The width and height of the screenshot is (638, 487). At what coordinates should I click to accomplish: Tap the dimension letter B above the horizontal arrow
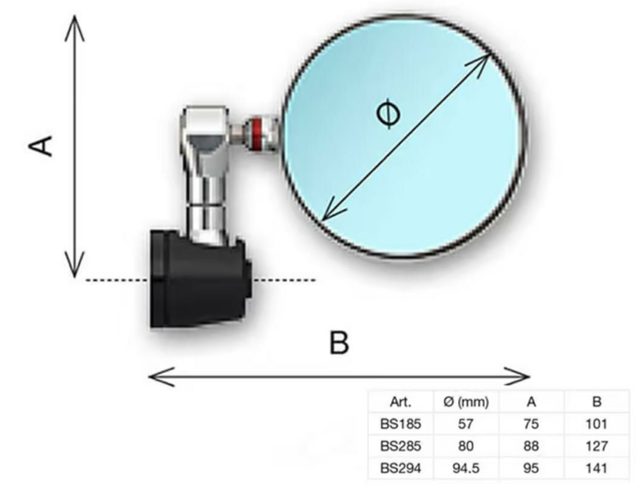(x=338, y=343)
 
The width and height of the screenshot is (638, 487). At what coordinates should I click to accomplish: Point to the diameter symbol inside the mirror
(x=387, y=115)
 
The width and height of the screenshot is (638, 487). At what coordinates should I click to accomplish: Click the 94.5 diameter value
(x=466, y=468)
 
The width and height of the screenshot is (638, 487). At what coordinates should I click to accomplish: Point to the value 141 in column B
(x=596, y=468)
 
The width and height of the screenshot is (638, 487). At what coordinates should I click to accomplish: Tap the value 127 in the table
(x=596, y=446)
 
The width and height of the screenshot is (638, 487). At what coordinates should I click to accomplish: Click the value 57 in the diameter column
(x=466, y=424)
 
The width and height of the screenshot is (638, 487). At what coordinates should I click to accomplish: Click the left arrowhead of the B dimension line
(x=154, y=377)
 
